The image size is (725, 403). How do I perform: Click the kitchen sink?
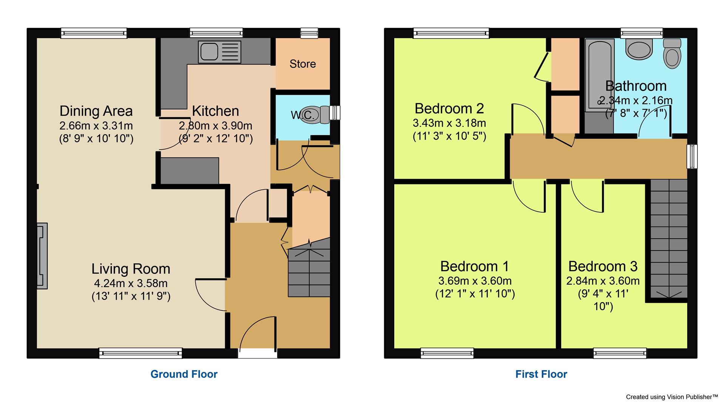[x=221, y=51]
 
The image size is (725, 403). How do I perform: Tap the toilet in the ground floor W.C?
[x=322, y=114]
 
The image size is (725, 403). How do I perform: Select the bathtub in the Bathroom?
[x=599, y=76]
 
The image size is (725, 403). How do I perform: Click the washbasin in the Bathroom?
[x=639, y=50]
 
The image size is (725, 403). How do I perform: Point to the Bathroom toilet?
[x=671, y=54]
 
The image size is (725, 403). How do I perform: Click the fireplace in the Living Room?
[x=42, y=256]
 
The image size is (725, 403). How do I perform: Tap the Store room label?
[x=302, y=64]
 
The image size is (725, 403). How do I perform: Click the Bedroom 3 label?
[x=603, y=266]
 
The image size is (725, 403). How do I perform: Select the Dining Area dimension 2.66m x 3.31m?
[x=96, y=125]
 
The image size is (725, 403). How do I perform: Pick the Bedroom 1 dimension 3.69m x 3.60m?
[x=475, y=281]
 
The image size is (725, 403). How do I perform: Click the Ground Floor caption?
[x=184, y=374]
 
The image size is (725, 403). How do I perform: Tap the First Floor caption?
[x=541, y=374]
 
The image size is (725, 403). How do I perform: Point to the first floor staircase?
[x=668, y=240]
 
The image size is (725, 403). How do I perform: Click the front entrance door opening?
[x=258, y=353]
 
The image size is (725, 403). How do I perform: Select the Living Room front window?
[x=140, y=353]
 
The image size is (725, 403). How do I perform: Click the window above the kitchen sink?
[x=216, y=33]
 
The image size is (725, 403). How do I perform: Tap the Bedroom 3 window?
[x=620, y=353]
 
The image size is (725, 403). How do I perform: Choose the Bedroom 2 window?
[x=451, y=33]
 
